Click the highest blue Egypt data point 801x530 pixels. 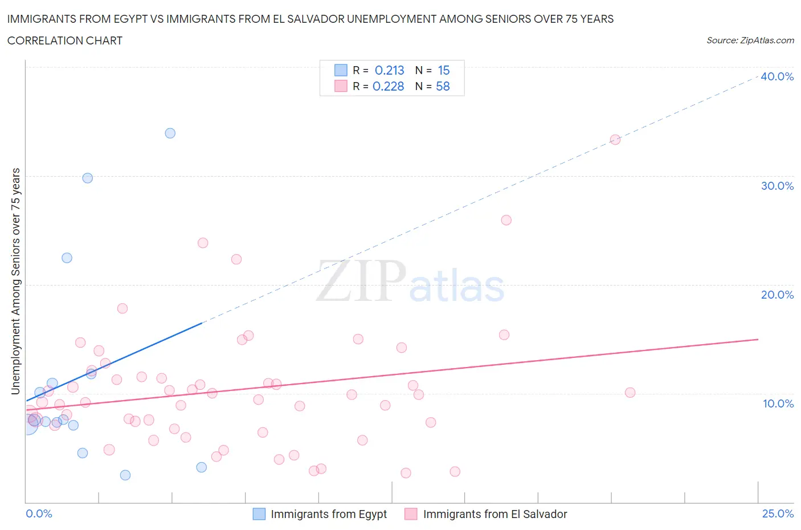point(170,133)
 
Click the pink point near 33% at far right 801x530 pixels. point(615,140)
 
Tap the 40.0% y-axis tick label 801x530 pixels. point(777,76)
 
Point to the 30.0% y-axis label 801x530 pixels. point(777,186)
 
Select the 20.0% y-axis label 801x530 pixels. point(777,295)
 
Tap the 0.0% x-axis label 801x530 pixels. point(39,513)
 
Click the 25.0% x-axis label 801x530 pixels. point(778,513)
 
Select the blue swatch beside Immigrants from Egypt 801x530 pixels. point(259,514)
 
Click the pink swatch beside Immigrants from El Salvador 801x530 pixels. point(411,514)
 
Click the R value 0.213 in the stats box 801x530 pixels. point(389,70)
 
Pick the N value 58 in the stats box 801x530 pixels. point(443,86)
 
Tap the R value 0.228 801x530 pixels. point(388,86)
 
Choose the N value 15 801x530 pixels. point(444,70)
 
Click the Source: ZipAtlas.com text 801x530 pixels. point(750,40)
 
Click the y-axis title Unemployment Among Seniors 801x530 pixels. point(16,281)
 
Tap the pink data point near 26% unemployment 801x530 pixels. point(506,220)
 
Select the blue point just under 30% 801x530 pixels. point(88,178)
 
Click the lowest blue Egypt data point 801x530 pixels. point(125,475)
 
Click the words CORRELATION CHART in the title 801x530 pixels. point(65,40)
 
